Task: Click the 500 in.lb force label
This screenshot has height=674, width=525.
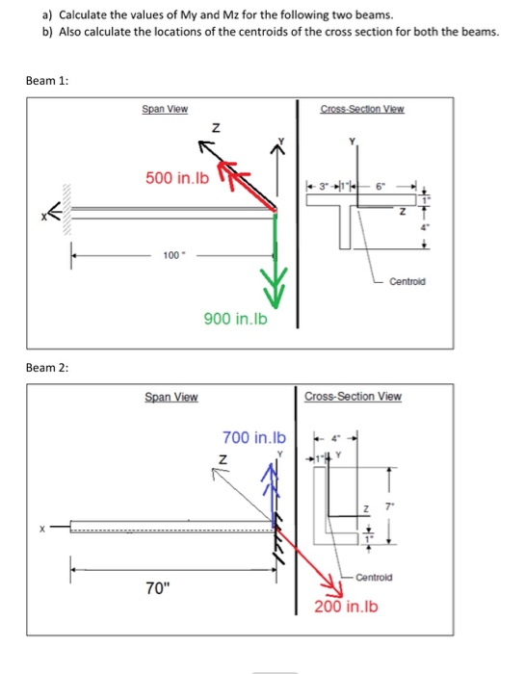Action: pyautogui.click(x=180, y=177)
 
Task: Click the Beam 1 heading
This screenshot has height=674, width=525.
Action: pyautogui.click(x=48, y=81)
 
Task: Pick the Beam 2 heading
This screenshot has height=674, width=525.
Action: pyautogui.click(x=48, y=367)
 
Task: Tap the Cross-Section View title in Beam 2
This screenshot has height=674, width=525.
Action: pyautogui.click(x=354, y=396)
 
